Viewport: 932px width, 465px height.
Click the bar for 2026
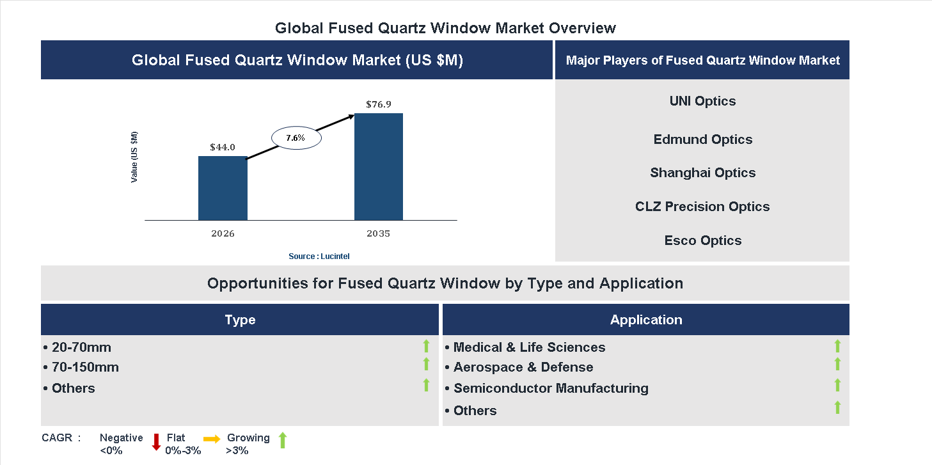pyautogui.click(x=223, y=188)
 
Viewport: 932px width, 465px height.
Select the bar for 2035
pyautogui.click(x=379, y=167)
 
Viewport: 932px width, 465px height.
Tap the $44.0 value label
pyautogui.click(x=223, y=147)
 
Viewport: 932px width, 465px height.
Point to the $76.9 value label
pyautogui.click(x=379, y=104)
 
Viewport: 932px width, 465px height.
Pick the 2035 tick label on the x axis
pyautogui.click(x=379, y=233)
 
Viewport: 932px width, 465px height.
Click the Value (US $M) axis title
pyautogui.click(x=134, y=157)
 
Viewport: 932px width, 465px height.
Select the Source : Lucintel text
pyautogui.click(x=319, y=256)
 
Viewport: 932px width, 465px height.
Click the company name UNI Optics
pyautogui.click(x=702, y=101)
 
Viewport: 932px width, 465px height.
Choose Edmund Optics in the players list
pyautogui.click(x=702, y=139)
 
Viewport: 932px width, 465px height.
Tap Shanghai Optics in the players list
pyautogui.click(x=702, y=173)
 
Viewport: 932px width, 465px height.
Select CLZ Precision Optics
pyautogui.click(x=702, y=207)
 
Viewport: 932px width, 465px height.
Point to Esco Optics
pyautogui.click(x=702, y=240)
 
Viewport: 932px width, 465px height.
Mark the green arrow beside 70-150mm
pyautogui.click(x=426, y=365)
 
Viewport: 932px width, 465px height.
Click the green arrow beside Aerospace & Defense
pyautogui.click(x=837, y=365)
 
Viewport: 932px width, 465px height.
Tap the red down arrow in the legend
pyautogui.click(x=156, y=442)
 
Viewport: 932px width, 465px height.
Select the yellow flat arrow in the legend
pyautogui.click(x=212, y=439)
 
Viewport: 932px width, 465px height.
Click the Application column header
pyautogui.click(x=646, y=320)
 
